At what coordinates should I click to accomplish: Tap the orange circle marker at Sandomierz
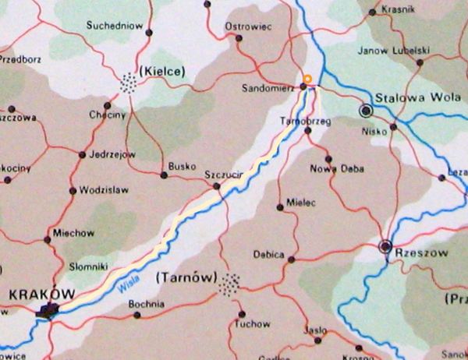coord(308,79)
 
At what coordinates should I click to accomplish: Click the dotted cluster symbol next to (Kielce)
coord(129,81)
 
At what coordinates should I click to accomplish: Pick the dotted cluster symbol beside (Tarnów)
coord(229,284)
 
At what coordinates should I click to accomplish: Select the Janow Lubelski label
coord(393,51)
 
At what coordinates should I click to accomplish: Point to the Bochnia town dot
coord(137,316)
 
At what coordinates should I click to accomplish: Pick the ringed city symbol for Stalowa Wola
coord(365,111)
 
